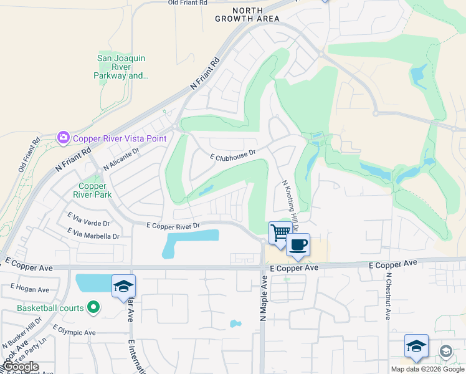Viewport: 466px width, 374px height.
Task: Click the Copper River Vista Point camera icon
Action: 63,138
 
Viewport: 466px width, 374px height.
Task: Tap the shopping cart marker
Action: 280,233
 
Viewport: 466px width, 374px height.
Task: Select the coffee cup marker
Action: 298,244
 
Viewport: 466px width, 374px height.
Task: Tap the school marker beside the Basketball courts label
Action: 123,286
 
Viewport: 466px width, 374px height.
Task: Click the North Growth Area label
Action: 247,14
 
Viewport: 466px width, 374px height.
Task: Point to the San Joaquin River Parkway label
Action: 121,67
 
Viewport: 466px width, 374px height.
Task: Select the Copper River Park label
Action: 95,190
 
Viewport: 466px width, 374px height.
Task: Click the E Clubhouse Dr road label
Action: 233,155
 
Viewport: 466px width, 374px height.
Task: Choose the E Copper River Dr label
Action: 173,226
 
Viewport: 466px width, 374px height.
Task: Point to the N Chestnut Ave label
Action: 388,297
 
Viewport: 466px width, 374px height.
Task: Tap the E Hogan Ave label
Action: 30,290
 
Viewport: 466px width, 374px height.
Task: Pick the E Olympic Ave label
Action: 74,331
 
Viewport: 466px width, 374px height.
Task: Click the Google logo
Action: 21,367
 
